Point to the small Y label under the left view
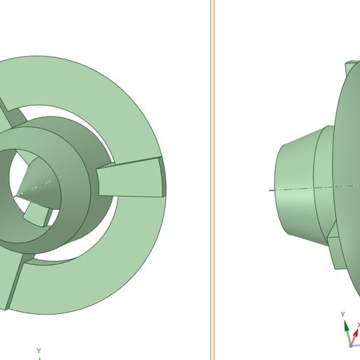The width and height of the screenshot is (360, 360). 39,350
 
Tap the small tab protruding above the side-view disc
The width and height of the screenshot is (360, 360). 349,70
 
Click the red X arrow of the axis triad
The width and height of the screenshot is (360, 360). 356,327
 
